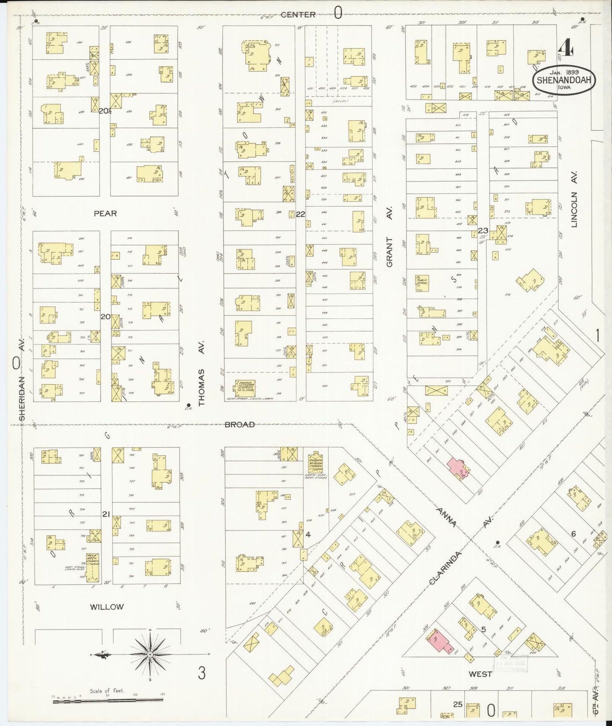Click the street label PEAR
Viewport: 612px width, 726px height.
[x=105, y=214]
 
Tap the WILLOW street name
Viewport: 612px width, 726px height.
[x=107, y=607]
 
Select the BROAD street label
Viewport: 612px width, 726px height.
[x=240, y=424]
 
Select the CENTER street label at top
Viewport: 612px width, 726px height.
[x=299, y=15]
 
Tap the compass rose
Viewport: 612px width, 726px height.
[x=150, y=666]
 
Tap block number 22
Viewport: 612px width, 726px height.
[x=300, y=214]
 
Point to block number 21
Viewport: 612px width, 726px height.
[x=106, y=514]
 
